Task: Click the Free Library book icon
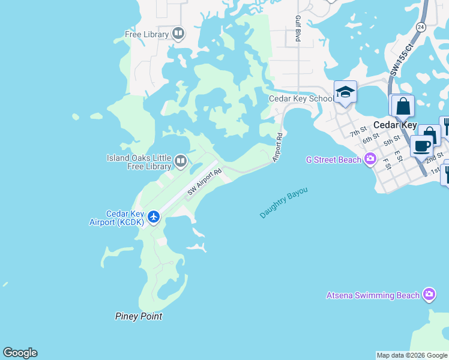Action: [x=178, y=34]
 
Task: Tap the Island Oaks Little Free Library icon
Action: [x=181, y=161]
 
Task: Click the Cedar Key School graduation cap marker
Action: [x=345, y=92]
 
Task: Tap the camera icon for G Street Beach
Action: [x=370, y=159]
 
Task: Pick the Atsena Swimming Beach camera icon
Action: [x=429, y=295]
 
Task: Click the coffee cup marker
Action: [x=421, y=146]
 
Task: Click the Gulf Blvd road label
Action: [x=297, y=29]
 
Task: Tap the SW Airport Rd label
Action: [x=205, y=182]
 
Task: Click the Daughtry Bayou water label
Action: [x=284, y=203]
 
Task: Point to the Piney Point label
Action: [x=139, y=316]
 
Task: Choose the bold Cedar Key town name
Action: [x=394, y=125]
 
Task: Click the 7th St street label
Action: [x=358, y=132]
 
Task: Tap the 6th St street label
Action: [x=370, y=139]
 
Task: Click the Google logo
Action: [x=20, y=353]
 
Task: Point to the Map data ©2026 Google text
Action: [x=412, y=355]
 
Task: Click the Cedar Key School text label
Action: [x=301, y=99]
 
